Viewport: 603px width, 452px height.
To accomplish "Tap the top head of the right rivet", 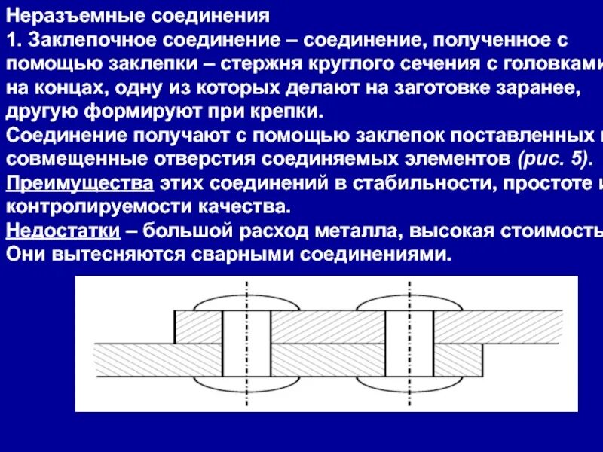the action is (x=409, y=303).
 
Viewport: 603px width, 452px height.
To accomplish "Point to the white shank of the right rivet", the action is (x=409, y=343).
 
